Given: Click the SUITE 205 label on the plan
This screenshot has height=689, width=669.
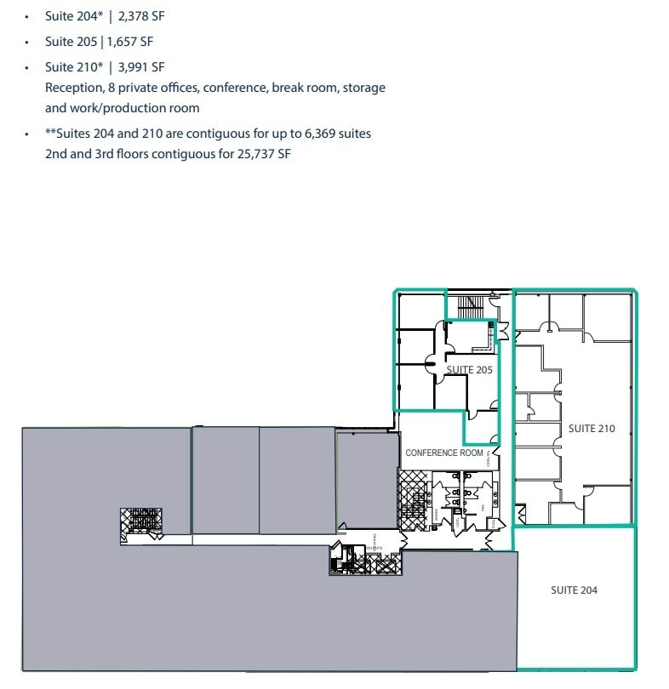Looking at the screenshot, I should point(470,370).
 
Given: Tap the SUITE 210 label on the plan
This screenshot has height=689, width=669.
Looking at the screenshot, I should point(591,429).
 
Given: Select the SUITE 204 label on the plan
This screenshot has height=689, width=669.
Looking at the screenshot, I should point(574,590).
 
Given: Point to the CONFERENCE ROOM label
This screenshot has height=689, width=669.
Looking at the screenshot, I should point(443,453).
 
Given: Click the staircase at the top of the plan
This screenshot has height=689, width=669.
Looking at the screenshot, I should point(470,305).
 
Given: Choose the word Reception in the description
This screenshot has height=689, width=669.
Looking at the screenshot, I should point(73,88).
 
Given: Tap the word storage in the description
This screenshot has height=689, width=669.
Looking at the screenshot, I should point(363,88).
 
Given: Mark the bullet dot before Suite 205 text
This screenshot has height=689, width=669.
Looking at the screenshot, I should point(27,42).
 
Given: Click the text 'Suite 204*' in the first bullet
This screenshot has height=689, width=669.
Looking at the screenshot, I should point(74,16).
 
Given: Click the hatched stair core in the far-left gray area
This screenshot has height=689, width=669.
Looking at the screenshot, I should point(141,522).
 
